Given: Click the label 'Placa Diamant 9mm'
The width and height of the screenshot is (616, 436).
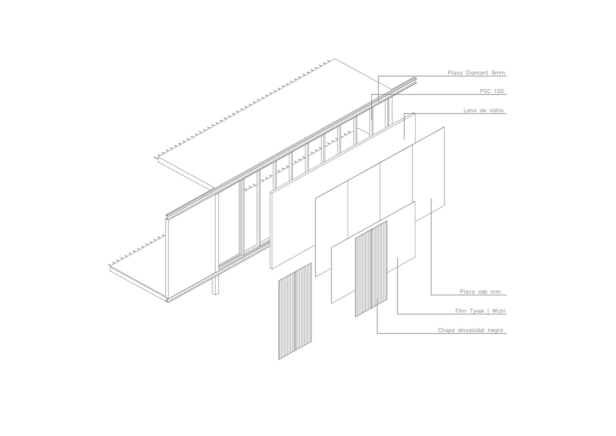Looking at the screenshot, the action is tap(476, 73).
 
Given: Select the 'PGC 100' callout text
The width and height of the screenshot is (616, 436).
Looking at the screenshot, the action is tap(492, 91).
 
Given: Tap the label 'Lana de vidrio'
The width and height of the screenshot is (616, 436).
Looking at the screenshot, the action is tap(484, 110).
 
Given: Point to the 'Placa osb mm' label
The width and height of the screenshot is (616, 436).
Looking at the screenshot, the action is tap(480, 292).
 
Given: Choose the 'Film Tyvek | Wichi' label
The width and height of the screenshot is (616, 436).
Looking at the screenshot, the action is tap(480, 311).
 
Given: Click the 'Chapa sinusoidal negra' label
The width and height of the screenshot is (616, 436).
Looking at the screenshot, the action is tap(470, 330).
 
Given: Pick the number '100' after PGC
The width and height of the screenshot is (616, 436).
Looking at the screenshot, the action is tap(498, 91).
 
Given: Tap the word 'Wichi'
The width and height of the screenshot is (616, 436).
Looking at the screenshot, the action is tap(498, 311).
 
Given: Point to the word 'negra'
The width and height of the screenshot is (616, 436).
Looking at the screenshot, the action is tap(495, 330).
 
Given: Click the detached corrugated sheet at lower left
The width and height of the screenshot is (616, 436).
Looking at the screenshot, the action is tap(295, 311).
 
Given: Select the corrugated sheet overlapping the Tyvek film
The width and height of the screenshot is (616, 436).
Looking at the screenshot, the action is tap(371, 269).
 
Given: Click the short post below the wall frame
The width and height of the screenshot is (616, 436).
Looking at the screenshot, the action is tap(215, 284).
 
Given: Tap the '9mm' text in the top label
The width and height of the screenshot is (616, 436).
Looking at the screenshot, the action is tap(498, 73).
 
